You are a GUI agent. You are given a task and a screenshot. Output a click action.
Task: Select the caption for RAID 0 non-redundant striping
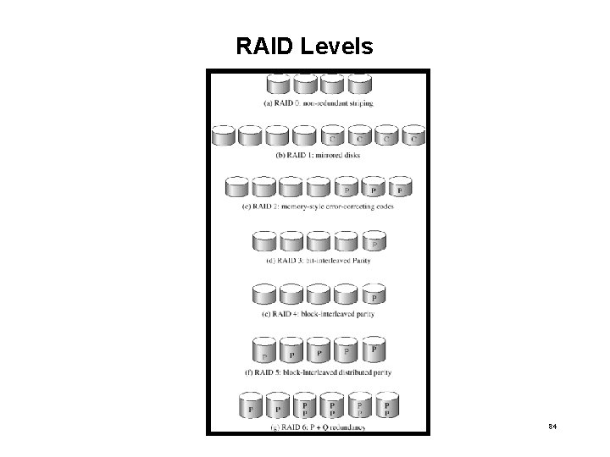317,103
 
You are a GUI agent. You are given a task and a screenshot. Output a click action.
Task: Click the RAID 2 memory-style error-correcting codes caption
317,206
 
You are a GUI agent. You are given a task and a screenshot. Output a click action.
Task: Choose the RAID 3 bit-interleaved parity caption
317,261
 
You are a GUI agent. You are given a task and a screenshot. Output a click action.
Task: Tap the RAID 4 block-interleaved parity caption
317,314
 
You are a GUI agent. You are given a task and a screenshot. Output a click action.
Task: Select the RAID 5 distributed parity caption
317,372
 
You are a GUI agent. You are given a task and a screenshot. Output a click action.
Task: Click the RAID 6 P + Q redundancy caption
317,427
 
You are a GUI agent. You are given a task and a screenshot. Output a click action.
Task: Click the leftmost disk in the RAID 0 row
278,85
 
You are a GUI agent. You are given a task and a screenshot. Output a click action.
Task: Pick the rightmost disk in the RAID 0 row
360,85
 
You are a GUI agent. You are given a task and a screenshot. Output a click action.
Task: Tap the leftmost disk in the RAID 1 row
224,135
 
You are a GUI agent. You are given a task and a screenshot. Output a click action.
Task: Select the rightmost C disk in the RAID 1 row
413,135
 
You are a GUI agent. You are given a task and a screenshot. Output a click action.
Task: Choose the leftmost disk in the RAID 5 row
263,351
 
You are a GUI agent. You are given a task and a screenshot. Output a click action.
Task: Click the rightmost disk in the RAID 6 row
386,406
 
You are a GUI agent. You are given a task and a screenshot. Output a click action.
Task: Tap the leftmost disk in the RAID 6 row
251,406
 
